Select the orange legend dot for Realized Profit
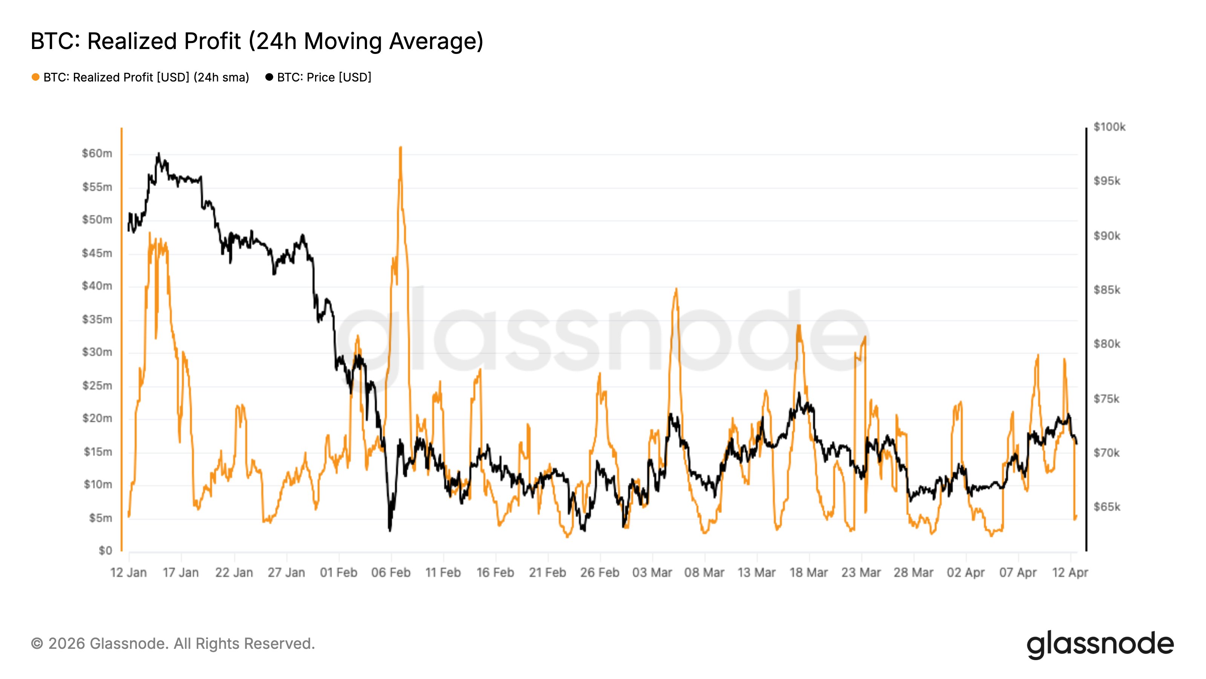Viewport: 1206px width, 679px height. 35,77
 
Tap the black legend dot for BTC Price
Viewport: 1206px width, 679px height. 269,77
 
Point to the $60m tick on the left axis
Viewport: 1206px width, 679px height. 97,154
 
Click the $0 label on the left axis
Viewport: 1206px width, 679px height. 106,551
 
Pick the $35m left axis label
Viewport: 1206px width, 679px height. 97,320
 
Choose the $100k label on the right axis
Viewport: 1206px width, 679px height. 1109,127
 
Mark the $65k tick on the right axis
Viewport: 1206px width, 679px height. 1107,507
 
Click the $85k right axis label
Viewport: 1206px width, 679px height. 1107,290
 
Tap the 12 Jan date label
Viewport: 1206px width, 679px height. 128,573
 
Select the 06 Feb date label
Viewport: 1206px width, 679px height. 390,573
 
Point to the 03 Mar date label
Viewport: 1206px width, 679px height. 652,573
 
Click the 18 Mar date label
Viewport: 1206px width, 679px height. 808,573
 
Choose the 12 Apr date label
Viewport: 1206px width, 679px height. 1070,573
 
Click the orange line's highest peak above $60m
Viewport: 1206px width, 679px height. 400,147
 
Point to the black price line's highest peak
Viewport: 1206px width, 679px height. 159,154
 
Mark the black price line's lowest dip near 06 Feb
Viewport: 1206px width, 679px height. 390,530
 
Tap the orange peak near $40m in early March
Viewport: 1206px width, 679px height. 676,289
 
